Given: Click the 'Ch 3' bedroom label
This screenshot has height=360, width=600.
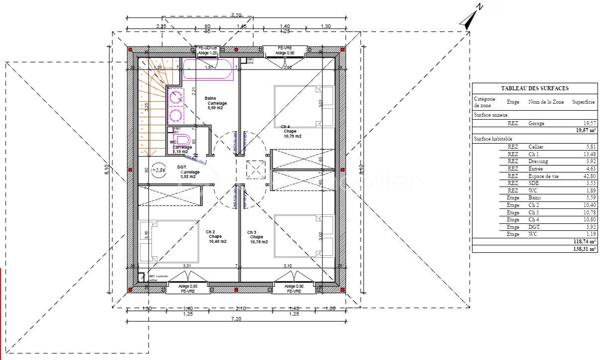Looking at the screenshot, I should [x=257, y=235].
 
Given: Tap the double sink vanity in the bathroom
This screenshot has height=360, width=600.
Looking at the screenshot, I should [x=174, y=101].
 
